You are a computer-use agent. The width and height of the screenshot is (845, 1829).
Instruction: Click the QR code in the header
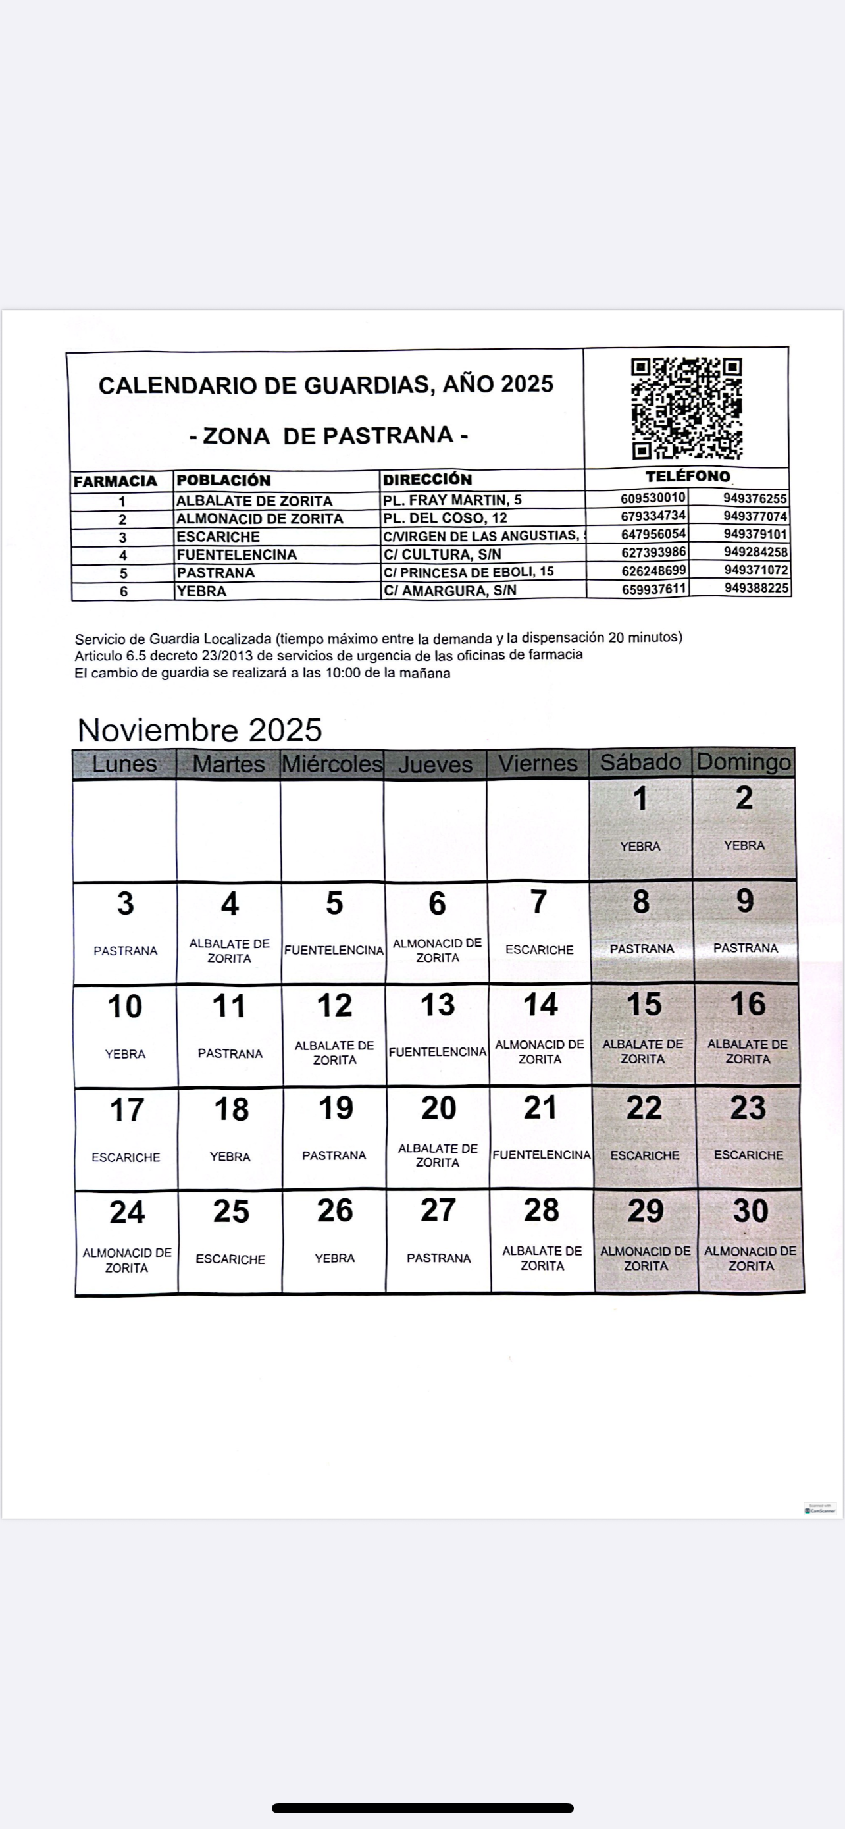686,408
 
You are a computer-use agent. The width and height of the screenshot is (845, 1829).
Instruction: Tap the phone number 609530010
653,498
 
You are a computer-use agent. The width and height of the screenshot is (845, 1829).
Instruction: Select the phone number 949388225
755,588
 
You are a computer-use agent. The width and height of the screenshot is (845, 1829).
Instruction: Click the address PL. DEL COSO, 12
445,517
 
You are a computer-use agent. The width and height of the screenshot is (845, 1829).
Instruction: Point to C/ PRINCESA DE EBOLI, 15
469,571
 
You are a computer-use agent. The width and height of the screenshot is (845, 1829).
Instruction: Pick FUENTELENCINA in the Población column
236,554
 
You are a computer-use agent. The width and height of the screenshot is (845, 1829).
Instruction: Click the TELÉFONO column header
687,477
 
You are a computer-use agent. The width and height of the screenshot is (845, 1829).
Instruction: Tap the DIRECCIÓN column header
427,479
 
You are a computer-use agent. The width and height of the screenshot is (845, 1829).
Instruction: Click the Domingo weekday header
744,762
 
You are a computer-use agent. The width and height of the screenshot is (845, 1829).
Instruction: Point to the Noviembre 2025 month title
199,730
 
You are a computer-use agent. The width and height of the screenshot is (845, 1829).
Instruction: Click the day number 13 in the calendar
437,1005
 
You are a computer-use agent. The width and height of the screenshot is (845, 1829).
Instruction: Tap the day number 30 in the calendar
750,1211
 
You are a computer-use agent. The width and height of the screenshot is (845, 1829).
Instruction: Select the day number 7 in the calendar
539,903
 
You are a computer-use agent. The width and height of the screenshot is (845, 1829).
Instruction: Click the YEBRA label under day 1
640,846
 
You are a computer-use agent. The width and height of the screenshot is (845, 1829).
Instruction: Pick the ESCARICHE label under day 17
126,1157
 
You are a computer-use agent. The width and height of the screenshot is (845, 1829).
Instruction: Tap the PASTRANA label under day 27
438,1258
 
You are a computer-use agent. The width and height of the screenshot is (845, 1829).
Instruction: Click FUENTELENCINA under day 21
542,1155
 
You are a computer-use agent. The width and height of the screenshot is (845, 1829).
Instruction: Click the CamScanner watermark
820,1509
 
